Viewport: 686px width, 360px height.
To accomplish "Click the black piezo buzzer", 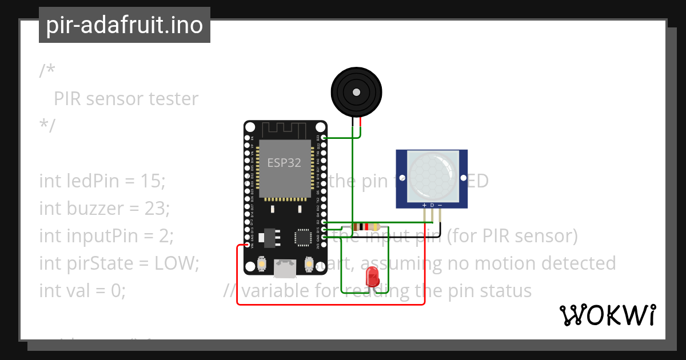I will (356, 92).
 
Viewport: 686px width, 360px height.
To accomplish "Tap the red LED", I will (372, 277).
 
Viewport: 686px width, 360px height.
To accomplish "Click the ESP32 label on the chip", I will (284, 162).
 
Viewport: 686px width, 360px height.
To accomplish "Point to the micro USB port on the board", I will (285, 268).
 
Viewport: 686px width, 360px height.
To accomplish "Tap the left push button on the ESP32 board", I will (261, 265).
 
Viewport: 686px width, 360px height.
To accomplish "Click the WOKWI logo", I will (607, 315).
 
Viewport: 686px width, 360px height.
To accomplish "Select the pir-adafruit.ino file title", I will (125, 25).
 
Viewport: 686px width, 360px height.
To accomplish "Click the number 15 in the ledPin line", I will (151, 181).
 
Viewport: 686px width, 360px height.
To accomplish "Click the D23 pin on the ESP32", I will (324, 138).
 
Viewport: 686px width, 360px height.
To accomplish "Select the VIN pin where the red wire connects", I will (248, 245).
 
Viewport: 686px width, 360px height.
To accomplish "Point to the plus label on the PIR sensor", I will (424, 205).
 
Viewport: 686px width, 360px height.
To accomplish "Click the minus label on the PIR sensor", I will (440, 205).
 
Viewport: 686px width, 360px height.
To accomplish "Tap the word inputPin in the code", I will (94, 236).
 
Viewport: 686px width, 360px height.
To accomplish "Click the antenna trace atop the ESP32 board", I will (285, 129).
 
